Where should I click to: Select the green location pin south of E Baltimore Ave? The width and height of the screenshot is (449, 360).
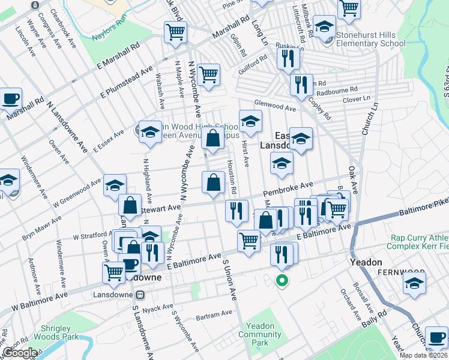[281, 280]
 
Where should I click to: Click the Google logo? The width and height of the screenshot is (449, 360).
[19, 353]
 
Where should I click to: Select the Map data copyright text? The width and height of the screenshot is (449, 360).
[423, 355]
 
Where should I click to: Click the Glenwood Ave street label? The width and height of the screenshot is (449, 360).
[276, 106]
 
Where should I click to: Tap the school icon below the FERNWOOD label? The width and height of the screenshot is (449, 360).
[414, 285]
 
